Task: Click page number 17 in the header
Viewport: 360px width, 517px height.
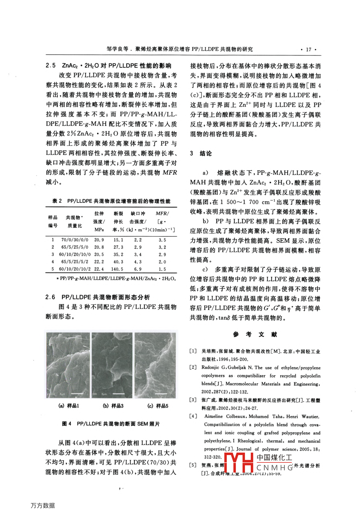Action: [x=308, y=49]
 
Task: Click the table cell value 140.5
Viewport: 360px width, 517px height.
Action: [x=117, y=269]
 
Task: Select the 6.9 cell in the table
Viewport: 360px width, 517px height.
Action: [x=138, y=269]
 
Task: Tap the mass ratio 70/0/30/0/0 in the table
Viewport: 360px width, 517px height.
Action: [x=75, y=240]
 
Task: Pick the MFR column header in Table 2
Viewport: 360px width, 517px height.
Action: [x=162, y=214]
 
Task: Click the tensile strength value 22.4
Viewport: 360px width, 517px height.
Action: [x=99, y=269]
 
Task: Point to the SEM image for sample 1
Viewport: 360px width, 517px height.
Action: [x=68, y=365]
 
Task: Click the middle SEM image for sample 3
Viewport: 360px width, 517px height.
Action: [x=112, y=365]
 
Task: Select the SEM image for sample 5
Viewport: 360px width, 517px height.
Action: [x=155, y=365]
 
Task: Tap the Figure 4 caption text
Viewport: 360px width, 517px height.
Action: [x=111, y=424]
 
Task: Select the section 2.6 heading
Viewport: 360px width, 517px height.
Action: [x=98, y=297]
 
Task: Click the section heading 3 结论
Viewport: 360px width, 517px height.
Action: [x=201, y=153]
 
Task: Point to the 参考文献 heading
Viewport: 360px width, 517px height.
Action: [x=255, y=334]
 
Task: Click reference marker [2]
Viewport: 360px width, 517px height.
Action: [x=193, y=367]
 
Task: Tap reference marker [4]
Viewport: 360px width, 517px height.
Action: [x=193, y=416]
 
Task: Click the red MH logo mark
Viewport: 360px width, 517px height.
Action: [x=239, y=463]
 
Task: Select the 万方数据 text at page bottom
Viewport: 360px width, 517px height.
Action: [x=43, y=505]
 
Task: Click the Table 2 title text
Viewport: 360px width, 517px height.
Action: [x=111, y=201]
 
